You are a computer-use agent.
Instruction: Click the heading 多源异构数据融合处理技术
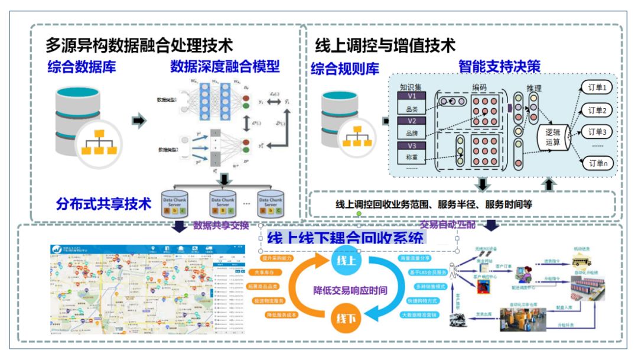139,45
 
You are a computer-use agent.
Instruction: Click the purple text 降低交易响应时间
350,290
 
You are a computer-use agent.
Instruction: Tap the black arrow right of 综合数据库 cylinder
138,121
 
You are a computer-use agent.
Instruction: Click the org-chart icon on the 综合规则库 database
356,137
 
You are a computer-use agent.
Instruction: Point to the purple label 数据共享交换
221,226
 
